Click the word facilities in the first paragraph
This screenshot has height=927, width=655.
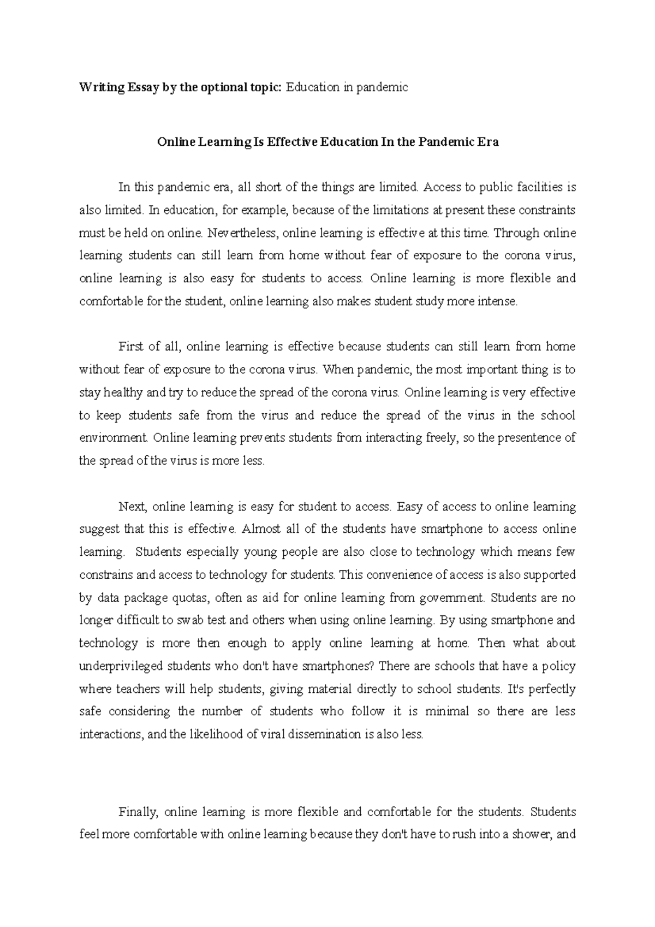click(x=537, y=187)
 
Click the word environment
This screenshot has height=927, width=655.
click(x=114, y=438)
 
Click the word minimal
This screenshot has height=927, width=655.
click(x=446, y=712)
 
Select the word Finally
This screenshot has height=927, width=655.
click(x=138, y=812)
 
